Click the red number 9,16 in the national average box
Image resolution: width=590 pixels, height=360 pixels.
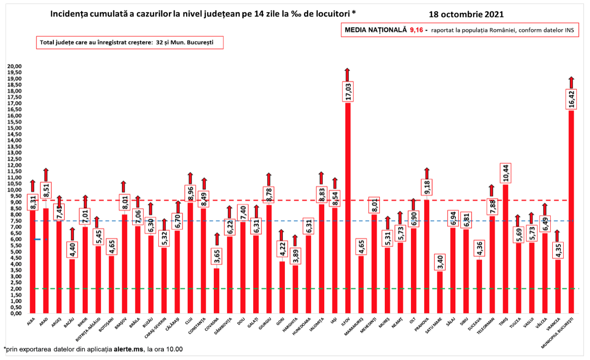point(416,30)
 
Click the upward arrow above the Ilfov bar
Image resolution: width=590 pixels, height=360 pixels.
point(347,74)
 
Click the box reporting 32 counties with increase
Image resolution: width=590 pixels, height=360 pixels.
point(129,43)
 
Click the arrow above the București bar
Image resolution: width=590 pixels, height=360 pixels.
point(571,82)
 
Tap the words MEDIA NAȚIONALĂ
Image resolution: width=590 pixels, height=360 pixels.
point(375,30)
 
